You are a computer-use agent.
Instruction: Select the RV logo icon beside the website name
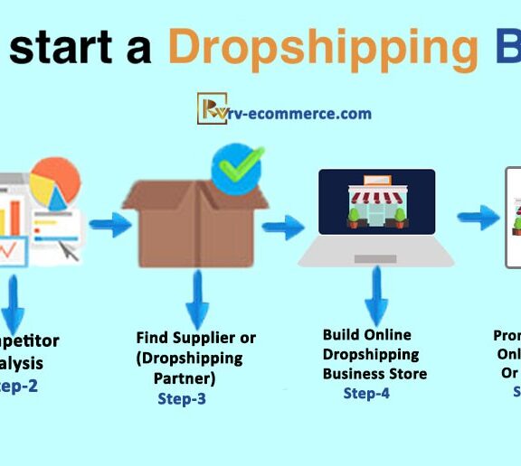(x=212, y=107)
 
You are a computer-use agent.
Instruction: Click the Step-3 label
(x=182, y=398)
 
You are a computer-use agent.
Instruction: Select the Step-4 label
(x=366, y=393)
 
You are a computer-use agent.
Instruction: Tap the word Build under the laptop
(x=341, y=335)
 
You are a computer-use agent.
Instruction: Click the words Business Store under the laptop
(x=374, y=373)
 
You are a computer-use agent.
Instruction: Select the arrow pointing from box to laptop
(x=283, y=228)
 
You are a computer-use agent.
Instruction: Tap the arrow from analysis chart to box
(x=109, y=225)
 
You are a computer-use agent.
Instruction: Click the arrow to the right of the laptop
(x=478, y=218)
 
